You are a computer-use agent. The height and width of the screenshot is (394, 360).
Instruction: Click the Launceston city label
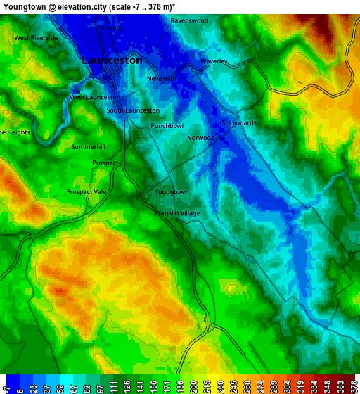[112, 61]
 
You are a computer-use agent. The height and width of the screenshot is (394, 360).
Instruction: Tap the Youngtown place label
[172, 192]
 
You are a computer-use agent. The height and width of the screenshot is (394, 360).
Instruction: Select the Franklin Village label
[177, 213]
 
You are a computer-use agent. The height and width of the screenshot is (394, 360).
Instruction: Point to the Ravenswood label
[189, 21]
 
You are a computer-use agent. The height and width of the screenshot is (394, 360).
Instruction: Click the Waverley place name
[214, 62]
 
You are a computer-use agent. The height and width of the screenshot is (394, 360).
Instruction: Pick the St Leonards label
[238, 122]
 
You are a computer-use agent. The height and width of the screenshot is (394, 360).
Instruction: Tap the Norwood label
[200, 138]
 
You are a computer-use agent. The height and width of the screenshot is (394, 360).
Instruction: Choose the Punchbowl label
[167, 126]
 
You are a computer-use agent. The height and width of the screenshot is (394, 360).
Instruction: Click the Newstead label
[161, 79]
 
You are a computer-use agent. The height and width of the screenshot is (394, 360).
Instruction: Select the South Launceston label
[133, 110]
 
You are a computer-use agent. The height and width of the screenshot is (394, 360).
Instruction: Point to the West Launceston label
[94, 97]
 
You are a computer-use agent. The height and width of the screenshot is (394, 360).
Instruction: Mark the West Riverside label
[36, 38]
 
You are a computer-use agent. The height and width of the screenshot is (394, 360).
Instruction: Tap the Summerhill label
[88, 147]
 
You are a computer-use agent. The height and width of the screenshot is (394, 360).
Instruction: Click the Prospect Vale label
[86, 191]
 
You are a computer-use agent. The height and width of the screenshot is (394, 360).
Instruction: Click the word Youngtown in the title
[24, 6]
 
